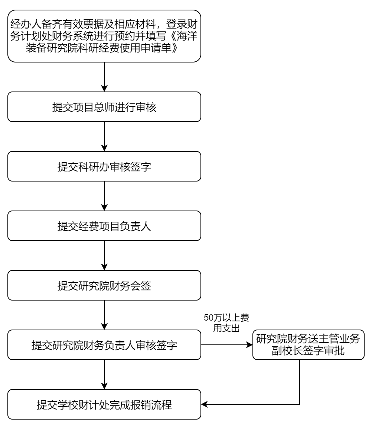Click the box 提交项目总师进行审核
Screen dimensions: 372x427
point(104,107)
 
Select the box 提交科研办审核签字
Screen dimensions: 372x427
point(104,166)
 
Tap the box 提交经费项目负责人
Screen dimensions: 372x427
point(104,226)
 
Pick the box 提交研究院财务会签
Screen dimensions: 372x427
point(104,285)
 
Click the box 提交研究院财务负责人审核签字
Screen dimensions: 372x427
point(104,345)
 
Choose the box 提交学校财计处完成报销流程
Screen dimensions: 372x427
point(104,404)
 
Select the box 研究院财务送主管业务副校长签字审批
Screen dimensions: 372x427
point(309,345)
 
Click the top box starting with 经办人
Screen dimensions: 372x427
point(104,36)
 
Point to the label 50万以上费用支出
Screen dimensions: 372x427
point(226,323)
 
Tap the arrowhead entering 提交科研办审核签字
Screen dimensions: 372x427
point(104,148)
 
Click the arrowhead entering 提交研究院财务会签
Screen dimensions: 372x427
point(104,267)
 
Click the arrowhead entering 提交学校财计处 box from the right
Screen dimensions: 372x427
point(204,404)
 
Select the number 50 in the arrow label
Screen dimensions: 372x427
point(209,318)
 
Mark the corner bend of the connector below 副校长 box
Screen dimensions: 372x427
point(300,404)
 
